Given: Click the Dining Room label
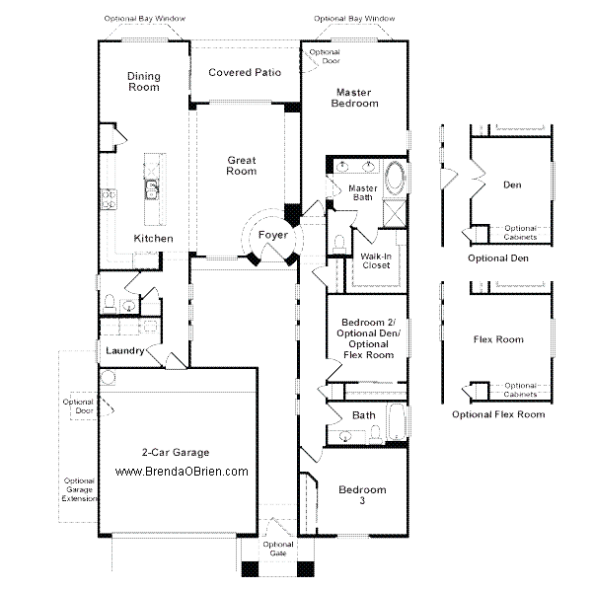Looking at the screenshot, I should tap(144, 82).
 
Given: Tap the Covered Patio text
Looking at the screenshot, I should tap(245, 72).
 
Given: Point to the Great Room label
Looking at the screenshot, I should tap(242, 165).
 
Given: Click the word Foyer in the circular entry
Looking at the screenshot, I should tap(273, 236).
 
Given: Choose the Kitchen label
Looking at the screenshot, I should tap(153, 239).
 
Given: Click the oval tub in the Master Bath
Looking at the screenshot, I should tap(394, 180).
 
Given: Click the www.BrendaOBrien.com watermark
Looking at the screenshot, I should tap(182, 472).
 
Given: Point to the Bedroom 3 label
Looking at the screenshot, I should tap(362, 495).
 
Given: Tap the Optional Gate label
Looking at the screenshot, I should tap(279, 549).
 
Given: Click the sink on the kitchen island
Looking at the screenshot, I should tap(154, 187).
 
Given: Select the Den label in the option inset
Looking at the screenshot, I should tap(512, 184).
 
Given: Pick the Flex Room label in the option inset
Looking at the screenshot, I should tap(498, 339).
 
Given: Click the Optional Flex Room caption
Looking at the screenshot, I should tap(498, 414).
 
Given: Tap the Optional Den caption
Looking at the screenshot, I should tap(498, 258).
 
